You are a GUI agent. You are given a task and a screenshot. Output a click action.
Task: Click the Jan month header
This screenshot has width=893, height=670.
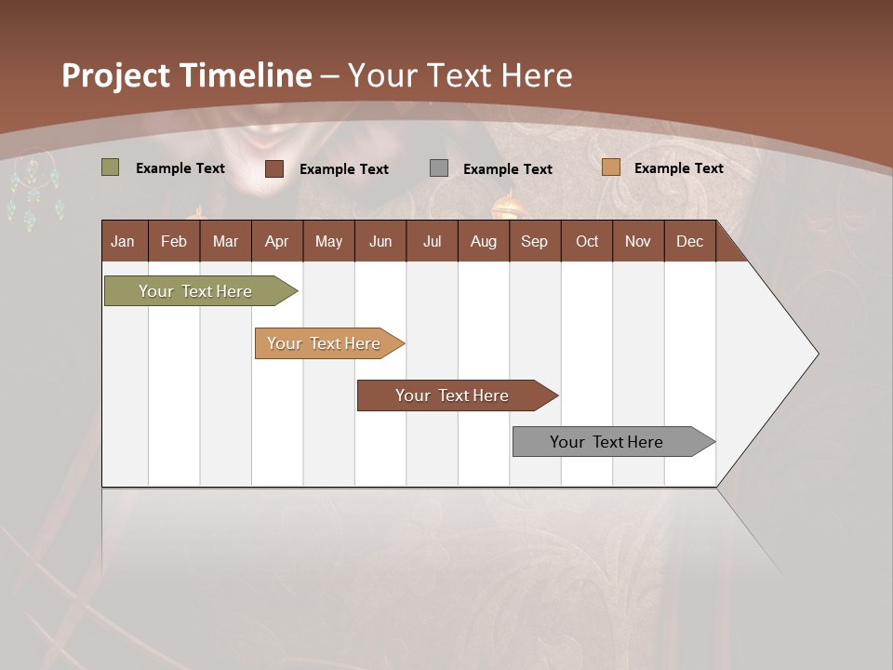124,242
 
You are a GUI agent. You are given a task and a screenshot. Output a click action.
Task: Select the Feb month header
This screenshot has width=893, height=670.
174,242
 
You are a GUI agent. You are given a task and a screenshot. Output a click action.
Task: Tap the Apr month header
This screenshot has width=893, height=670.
277,242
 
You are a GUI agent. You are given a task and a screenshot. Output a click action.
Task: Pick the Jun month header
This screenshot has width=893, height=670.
380,242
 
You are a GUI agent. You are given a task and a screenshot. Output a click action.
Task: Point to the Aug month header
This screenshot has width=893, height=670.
484,242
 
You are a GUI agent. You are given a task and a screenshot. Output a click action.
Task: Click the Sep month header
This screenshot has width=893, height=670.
535,242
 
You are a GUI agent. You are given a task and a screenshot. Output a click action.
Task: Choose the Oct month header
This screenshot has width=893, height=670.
587,242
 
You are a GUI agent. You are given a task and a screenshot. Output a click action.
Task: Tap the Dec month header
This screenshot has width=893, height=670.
690,242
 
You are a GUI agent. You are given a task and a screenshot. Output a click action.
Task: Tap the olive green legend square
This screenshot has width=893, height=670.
111,167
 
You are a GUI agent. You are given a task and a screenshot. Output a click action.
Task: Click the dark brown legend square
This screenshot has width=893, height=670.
274,168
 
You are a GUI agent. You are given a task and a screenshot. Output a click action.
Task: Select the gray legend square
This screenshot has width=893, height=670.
439,168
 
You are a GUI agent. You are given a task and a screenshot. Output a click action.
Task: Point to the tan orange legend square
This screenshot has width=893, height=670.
610,167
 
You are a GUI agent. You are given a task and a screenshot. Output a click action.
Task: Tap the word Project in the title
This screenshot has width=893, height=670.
116,75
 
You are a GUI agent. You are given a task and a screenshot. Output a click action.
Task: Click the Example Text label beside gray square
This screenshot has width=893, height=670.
508,169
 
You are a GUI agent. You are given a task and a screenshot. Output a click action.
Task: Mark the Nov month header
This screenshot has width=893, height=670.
638,242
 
